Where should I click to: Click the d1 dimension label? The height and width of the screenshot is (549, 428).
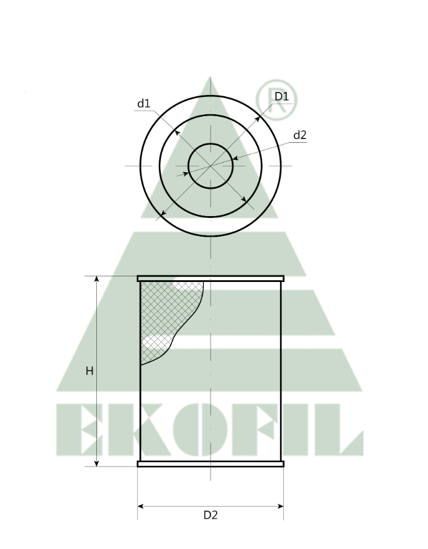point(144,103)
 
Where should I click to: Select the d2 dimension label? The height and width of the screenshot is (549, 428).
point(299,135)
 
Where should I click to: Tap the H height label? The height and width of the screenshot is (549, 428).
point(89,371)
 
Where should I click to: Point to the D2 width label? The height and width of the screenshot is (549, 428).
point(211,515)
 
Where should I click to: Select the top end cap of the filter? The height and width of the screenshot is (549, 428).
point(211,278)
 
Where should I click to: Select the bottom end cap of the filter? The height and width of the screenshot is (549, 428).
point(211,463)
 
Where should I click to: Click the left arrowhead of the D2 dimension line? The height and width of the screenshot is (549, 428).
point(140,507)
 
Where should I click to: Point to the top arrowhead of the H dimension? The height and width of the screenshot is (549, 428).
point(97,279)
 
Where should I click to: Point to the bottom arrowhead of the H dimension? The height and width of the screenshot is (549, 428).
point(97,463)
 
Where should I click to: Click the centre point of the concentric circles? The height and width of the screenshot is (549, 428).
point(211,166)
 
